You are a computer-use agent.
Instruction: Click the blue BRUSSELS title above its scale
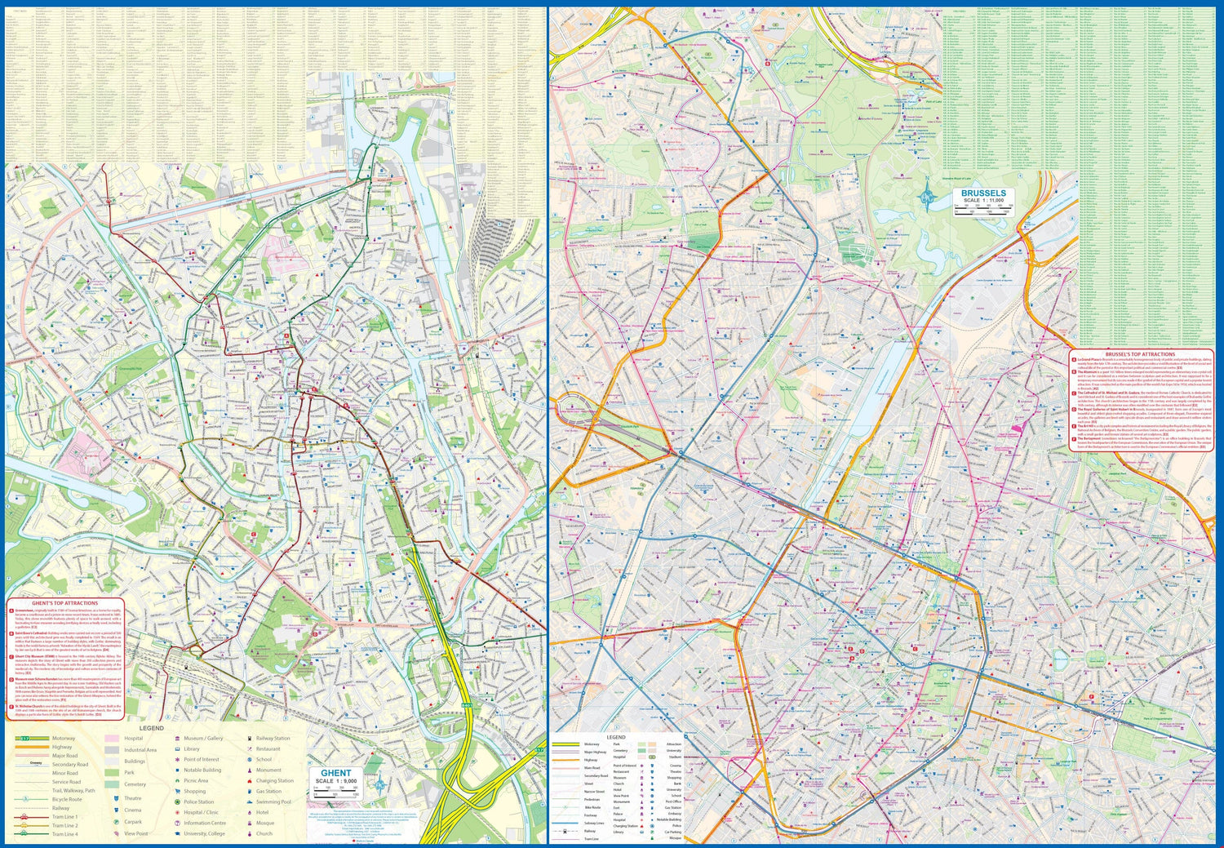(x=983, y=193)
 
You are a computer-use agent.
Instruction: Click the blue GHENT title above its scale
(x=336, y=773)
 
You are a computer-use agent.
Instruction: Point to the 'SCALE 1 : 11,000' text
(x=983, y=201)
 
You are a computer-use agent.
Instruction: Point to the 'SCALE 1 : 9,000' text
(x=336, y=781)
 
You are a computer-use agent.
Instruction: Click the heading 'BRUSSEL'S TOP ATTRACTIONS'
(x=1140, y=354)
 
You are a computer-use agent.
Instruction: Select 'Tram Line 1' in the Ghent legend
(x=64, y=817)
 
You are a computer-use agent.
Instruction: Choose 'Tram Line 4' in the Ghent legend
(x=64, y=834)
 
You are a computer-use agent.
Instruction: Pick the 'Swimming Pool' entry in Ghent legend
(x=273, y=801)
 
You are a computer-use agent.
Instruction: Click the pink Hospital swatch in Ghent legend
(x=112, y=739)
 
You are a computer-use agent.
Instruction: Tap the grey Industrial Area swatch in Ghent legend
(x=112, y=750)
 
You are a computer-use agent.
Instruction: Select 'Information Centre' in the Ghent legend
(x=205, y=823)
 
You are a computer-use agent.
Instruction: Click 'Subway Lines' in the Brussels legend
(x=594, y=824)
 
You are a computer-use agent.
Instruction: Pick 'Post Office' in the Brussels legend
(x=673, y=801)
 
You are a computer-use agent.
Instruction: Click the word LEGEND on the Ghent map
(x=151, y=728)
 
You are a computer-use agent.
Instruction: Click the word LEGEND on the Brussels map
(x=615, y=737)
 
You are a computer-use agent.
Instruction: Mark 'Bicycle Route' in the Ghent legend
(x=67, y=799)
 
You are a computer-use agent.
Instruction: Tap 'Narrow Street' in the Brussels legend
(x=594, y=792)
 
